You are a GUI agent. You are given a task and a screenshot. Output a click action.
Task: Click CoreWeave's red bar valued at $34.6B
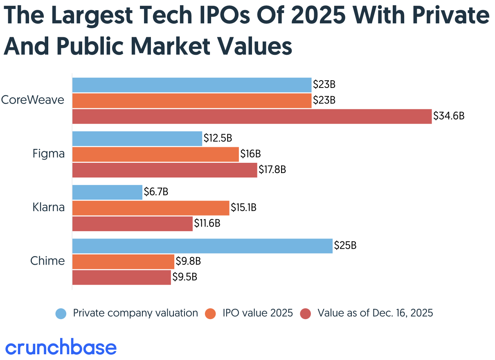[252, 116]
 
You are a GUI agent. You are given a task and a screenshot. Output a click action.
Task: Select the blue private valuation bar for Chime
[202, 246]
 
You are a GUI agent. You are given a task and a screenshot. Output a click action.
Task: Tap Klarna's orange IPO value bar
[151, 208]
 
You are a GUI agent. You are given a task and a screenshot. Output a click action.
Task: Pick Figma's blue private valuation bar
[137, 139]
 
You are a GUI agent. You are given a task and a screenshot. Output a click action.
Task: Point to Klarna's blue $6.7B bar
[107, 192]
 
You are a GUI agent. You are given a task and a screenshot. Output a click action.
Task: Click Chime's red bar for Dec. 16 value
[122, 277]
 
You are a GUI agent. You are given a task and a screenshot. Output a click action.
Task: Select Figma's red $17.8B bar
[164, 170]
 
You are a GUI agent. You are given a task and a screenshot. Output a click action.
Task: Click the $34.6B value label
[449, 116]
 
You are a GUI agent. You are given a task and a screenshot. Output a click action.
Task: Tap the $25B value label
[345, 246]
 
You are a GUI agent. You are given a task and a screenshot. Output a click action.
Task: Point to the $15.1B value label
[243, 208]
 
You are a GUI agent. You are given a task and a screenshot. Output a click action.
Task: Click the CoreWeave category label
[33, 100]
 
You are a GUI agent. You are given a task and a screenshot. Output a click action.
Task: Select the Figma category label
[49, 154]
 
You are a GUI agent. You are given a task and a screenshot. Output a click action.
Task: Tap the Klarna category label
[49, 207]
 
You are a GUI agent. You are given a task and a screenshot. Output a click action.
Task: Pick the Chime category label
[47, 261]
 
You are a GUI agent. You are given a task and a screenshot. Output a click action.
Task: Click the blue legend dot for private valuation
[61, 314]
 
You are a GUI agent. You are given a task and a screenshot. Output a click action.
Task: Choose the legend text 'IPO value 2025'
[258, 313]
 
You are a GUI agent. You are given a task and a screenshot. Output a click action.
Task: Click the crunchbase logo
[61, 347]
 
